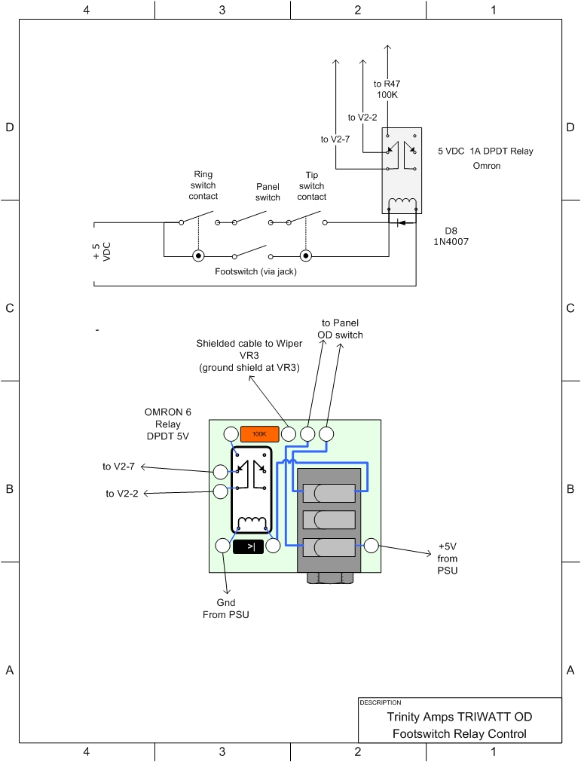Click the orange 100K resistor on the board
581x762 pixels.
click(259, 434)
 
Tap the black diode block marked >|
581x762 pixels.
click(248, 546)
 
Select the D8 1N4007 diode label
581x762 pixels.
click(451, 236)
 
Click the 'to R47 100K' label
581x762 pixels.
click(387, 90)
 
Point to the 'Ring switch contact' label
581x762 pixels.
click(203, 185)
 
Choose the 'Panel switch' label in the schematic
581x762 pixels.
click(268, 192)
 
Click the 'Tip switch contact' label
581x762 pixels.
click(312, 185)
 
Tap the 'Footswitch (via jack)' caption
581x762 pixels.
click(256, 271)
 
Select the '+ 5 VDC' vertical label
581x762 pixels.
click(102, 252)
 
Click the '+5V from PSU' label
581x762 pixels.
click(447, 558)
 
